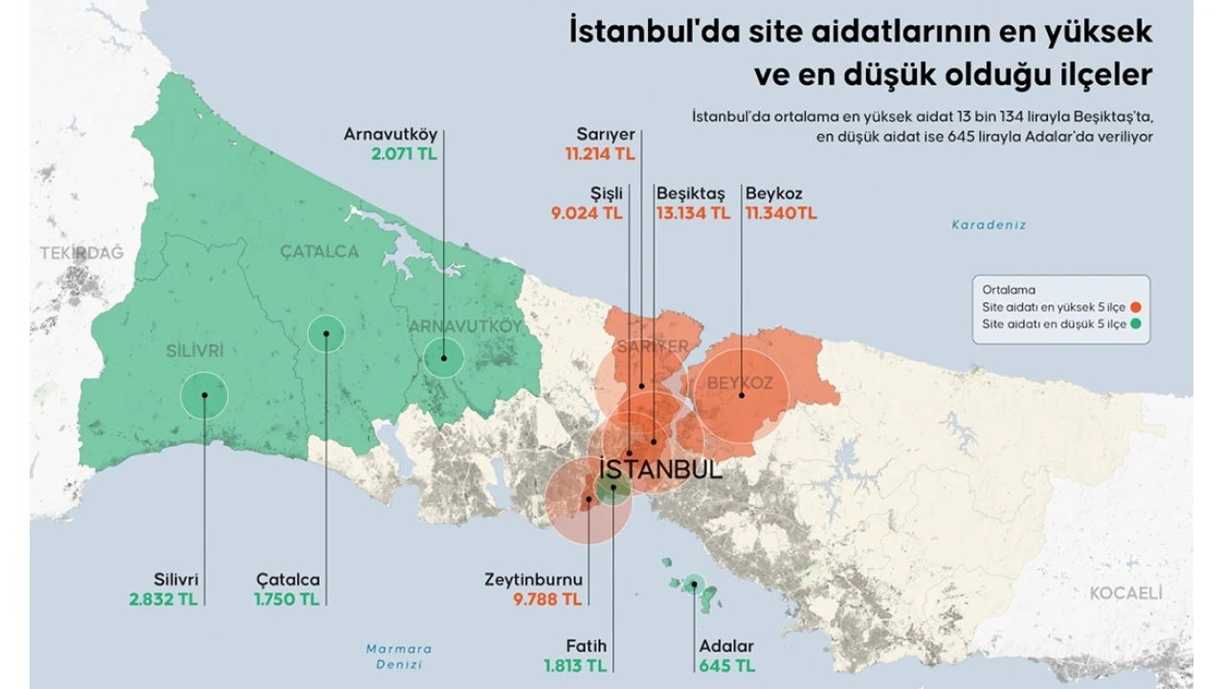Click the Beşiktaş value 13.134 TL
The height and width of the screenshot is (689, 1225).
click(x=693, y=213)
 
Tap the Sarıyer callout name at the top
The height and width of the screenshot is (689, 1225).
click(x=606, y=134)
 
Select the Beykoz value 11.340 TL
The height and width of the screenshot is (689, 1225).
click(x=781, y=213)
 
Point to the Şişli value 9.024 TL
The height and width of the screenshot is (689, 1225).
click(x=586, y=213)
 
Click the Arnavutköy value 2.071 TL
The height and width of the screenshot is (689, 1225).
click(x=404, y=153)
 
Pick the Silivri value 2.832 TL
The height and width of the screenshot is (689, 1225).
click(x=164, y=599)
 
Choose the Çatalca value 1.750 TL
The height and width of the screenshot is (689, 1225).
click(x=287, y=599)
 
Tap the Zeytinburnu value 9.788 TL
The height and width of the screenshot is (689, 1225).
click(x=546, y=599)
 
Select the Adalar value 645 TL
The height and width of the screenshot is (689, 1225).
click(x=726, y=665)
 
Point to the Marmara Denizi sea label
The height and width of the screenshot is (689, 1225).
click(x=399, y=656)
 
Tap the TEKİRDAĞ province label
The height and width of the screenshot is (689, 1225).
click(x=82, y=253)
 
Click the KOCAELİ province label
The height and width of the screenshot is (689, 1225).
click(x=1125, y=593)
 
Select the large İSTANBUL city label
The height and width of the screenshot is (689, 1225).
click(x=660, y=470)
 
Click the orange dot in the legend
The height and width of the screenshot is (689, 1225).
click(x=1136, y=307)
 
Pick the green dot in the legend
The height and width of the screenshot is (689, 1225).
click(x=1136, y=324)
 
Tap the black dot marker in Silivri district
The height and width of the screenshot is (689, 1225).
click(x=205, y=394)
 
